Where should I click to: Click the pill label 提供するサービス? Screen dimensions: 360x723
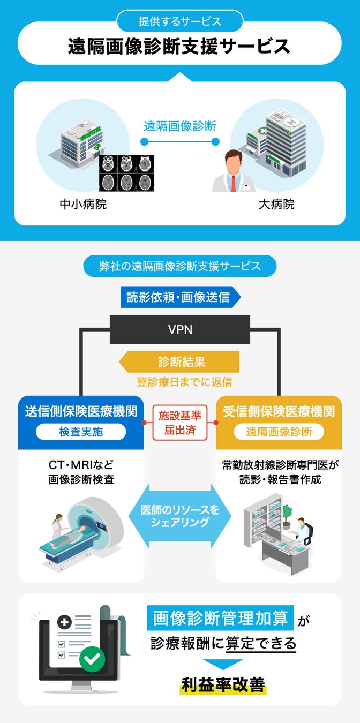pyautogui.click(x=180, y=21)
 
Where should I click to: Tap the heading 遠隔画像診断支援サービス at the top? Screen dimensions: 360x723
pyautogui.click(x=179, y=47)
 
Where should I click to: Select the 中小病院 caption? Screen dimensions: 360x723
pyautogui.click(x=83, y=205)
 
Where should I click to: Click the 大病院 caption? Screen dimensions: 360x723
pyautogui.click(x=276, y=205)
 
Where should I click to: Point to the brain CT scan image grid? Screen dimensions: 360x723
pyautogui.click(x=126, y=172)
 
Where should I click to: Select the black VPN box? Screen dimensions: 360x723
pyautogui.click(x=180, y=329)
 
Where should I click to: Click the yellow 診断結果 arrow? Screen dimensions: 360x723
pyautogui.click(x=180, y=362)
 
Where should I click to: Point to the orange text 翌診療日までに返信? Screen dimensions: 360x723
pyautogui.click(x=180, y=382)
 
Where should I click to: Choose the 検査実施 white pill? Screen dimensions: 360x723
pyautogui.click(x=81, y=432)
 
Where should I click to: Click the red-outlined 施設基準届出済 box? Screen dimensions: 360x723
pyautogui.click(x=180, y=422)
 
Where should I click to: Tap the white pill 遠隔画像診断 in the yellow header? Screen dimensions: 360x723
pyautogui.click(x=279, y=432)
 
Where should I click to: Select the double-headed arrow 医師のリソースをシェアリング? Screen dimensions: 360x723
pyautogui.click(x=180, y=516)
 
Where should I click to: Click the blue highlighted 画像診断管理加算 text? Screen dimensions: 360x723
pyautogui.click(x=220, y=619)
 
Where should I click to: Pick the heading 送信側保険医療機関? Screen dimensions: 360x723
pyautogui.click(x=81, y=411)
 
